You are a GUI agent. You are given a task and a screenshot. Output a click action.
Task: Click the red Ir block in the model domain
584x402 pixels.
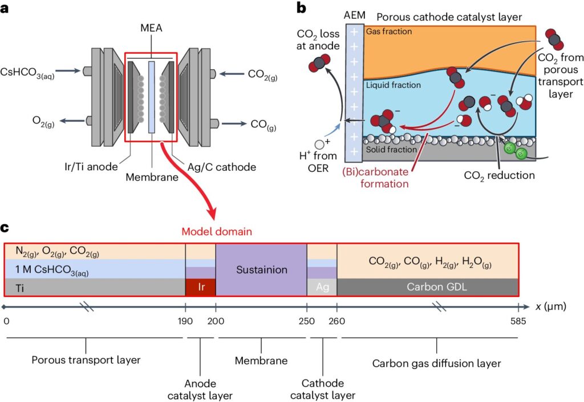pyautogui.click(x=200, y=287)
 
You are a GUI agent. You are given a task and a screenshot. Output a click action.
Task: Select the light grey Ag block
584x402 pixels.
pyautogui.click(x=322, y=287)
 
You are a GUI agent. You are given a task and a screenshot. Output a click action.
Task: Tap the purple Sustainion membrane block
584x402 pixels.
pyautogui.click(x=261, y=270)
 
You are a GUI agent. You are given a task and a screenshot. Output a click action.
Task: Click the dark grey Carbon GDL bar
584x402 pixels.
pyautogui.click(x=428, y=287)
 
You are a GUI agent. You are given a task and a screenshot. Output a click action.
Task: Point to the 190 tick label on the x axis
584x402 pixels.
pyautogui.click(x=185, y=321)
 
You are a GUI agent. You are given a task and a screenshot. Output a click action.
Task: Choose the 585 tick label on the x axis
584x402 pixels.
pyautogui.click(x=518, y=321)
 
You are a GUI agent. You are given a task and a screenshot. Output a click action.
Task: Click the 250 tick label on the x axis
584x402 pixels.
pyautogui.click(x=306, y=321)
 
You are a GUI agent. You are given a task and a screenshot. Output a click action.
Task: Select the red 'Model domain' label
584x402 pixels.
pyautogui.click(x=217, y=232)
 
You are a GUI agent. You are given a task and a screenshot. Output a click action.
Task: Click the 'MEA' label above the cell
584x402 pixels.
pyautogui.click(x=151, y=28)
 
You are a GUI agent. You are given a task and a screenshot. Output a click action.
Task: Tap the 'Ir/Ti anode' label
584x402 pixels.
pyautogui.click(x=91, y=167)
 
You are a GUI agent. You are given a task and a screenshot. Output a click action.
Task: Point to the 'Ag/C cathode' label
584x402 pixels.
pyautogui.click(x=222, y=167)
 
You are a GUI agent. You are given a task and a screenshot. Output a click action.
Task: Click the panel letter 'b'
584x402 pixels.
pyautogui.click(x=301, y=8)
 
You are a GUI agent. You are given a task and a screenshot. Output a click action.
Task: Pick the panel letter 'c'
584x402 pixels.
pyautogui.click(x=5, y=228)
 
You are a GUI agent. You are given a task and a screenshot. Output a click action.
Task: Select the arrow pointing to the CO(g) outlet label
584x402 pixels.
pyautogui.click(x=234, y=123)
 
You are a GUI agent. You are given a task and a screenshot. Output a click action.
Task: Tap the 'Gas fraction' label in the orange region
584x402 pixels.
pyautogui.click(x=389, y=31)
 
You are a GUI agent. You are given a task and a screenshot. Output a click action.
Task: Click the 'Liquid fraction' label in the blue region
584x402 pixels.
pyautogui.click(x=394, y=85)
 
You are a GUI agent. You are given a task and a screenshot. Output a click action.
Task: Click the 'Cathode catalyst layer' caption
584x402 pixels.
pyautogui.click(x=323, y=389)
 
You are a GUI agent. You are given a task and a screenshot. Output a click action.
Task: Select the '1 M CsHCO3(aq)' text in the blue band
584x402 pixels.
pyautogui.click(x=52, y=270)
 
